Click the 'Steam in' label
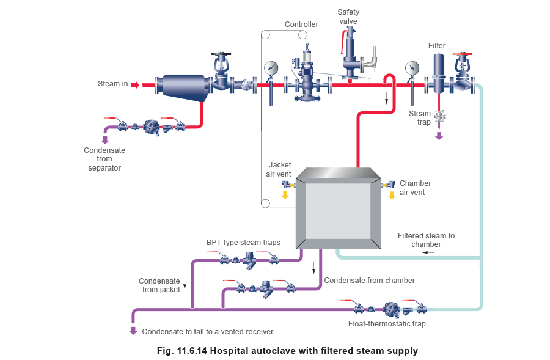pos(113,84)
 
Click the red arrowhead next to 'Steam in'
pos(136,85)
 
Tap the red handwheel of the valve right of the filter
pos(462,56)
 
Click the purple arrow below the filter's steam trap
pos(439,136)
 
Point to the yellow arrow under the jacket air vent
pos(285,196)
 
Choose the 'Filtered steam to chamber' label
pos(426,240)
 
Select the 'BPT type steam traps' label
pos(243,243)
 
